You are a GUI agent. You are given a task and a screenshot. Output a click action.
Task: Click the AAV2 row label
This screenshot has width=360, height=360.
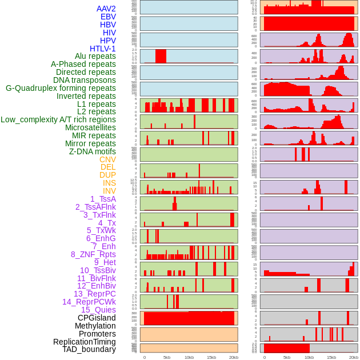tap(106, 9)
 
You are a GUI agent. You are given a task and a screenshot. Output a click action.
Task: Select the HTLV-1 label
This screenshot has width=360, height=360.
tap(102, 49)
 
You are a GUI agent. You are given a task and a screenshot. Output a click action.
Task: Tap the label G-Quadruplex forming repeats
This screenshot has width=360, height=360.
tap(61, 88)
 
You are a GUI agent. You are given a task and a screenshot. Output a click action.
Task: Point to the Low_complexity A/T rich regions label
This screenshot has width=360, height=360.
tap(58, 119)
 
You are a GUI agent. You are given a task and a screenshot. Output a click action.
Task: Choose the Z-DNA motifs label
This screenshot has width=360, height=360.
tap(93, 151)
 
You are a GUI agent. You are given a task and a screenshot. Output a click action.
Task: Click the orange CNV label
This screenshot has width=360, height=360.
tap(107, 159)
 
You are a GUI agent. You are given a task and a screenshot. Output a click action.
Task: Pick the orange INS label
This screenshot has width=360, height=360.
tap(109, 183)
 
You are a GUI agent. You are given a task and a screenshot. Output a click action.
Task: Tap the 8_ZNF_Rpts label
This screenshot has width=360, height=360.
tap(93, 254)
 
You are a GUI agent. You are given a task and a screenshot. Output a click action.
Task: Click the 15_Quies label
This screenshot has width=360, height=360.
tap(98, 310)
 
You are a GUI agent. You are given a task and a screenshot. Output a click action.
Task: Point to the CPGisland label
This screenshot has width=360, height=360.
tap(97, 318)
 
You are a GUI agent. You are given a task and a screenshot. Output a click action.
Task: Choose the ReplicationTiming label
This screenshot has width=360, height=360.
tap(84, 342)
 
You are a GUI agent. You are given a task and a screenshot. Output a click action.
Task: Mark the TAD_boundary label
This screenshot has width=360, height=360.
tap(89, 349)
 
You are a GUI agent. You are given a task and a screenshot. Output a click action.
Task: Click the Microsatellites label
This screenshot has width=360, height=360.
tap(90, 127)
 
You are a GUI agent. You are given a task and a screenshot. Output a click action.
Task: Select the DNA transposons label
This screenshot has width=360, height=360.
tap(85, 80)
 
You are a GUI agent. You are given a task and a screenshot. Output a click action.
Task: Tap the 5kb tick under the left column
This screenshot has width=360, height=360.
tap(167, 357)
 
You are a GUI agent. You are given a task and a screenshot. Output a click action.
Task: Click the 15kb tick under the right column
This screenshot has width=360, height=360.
tap(331, 357)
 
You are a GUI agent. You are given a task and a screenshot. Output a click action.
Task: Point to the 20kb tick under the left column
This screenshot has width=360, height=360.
tap(233, 357)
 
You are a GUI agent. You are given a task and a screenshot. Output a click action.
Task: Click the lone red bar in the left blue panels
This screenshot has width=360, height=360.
tap(161, 56)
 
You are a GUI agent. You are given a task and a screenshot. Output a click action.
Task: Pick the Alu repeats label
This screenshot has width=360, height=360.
tap(95, 56)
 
